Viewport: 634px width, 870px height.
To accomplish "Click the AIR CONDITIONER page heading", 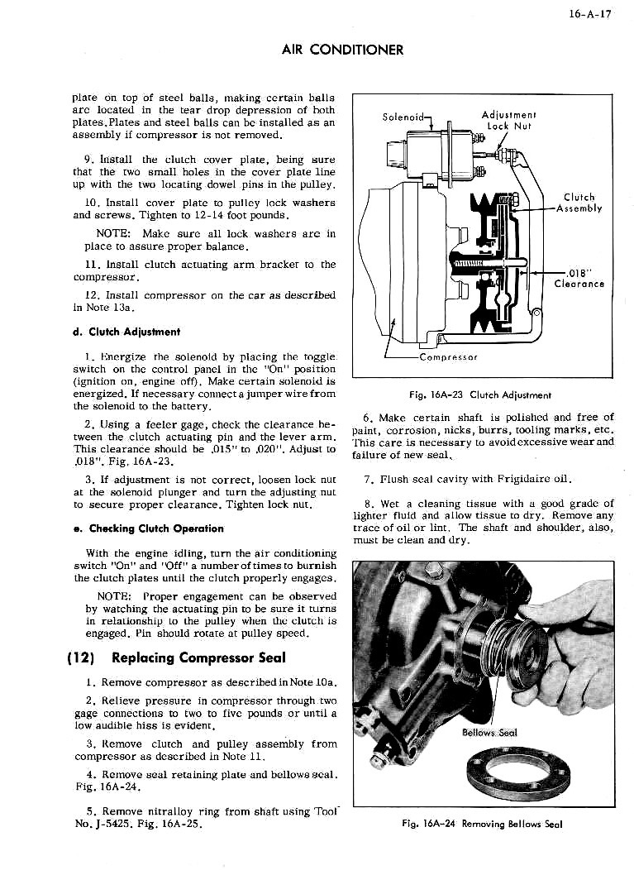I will click(341, 50).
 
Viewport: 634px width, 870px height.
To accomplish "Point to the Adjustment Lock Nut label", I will click(508, 121).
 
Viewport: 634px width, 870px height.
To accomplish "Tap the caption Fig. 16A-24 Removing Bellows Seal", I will click(483, 824).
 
